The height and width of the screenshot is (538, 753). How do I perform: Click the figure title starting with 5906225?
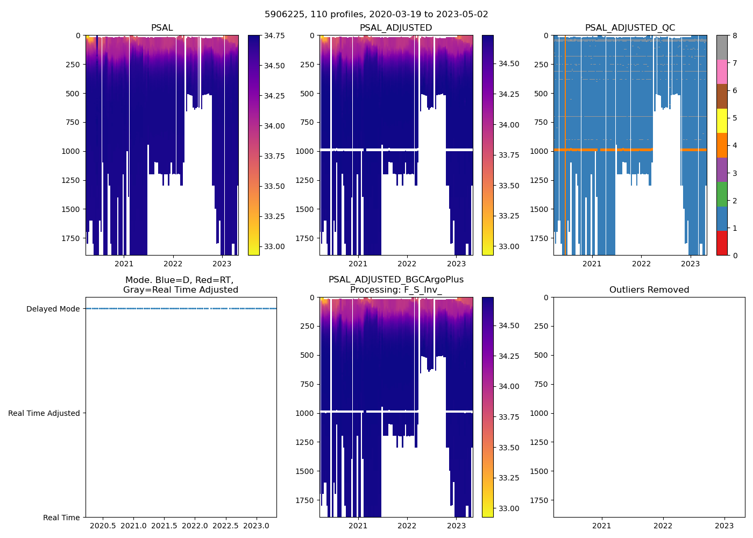(x=376, y=15)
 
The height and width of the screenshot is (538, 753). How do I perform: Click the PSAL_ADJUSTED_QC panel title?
(x=630, y=28)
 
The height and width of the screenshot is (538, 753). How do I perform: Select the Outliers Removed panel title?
(x=649, y=290)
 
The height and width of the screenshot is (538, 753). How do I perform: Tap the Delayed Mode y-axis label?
(x=53, y=309)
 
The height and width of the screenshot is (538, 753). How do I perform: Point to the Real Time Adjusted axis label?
(x=44, y=413)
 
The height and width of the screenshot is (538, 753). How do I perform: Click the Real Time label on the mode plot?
(x=61, y=518)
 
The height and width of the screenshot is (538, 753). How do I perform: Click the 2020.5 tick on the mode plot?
(x=103, y=526)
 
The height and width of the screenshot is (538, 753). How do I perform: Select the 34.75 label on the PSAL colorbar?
(x=274, y=36)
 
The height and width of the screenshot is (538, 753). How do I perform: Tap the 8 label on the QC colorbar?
(x=735, y=36)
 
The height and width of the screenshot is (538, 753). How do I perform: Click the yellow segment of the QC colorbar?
(x=722, y=121)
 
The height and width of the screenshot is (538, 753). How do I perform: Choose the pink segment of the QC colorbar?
(x=722, y=72)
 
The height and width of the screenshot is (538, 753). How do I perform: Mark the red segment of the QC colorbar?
(x=722, y=243)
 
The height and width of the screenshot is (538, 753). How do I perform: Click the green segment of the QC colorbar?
(x=722, y=194)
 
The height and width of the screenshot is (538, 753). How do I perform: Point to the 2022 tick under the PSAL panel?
(x=173, y=264)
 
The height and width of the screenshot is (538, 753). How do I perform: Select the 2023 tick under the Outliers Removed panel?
(x=724, y=526)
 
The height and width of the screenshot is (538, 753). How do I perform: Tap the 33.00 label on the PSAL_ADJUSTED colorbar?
(x=508, y=246)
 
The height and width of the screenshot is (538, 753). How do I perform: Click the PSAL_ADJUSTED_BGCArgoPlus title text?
(x=396, y=280)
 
